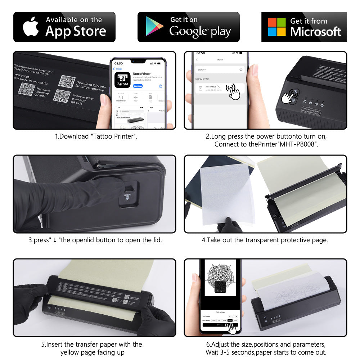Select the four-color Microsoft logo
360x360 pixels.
(x=276, y=27)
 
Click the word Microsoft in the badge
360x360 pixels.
(x=315, y=32)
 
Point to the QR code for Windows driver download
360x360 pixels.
(x=61, y=96)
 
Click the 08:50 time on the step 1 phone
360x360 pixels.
(x=118, y=63)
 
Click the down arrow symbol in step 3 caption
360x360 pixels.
(x=55, y=240)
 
